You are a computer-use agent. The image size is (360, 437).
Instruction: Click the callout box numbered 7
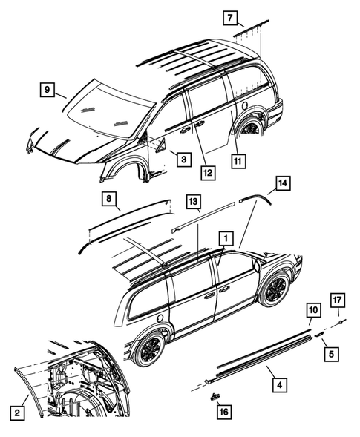(x=230, y=18)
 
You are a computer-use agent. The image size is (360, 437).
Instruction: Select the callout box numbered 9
(x=46, y=91)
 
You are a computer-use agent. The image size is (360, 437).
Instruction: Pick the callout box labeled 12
(x=209, y=172)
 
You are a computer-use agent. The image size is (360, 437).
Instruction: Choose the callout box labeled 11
(x=238, y=158)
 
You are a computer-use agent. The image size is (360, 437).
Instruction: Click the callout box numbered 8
(x=109, y=198)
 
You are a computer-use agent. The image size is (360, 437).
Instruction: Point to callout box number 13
(x=194, y=202)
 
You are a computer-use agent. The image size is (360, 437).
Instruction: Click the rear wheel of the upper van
(x=250, y=128)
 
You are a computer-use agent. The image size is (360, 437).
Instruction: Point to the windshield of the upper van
(x=104, y=111)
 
